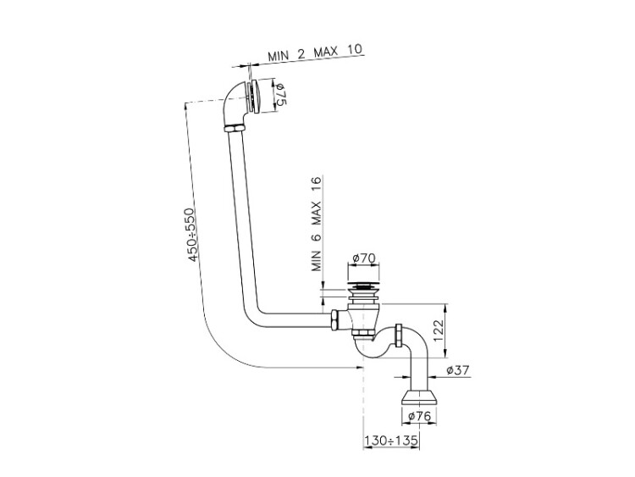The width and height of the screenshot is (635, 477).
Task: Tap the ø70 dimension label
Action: (362, 258)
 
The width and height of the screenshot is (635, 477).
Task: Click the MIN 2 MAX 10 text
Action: (316, 52)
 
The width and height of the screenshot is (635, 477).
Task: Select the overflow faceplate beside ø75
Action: (257, 94)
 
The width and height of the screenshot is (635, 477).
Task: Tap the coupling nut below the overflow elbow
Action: (235, 128)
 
